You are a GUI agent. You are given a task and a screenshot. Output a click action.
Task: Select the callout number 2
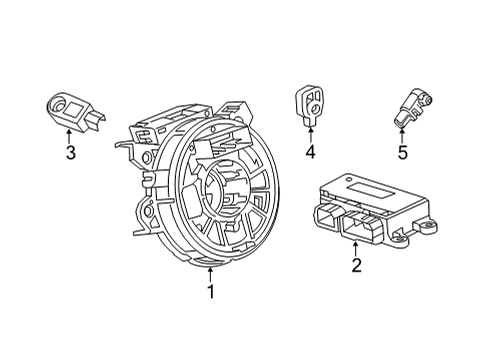coord(355,265)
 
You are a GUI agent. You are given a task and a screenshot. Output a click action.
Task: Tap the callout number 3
coord(70,152)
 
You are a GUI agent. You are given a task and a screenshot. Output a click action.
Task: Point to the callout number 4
coord(309,152)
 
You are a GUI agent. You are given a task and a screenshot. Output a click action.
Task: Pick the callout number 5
coord(402,153)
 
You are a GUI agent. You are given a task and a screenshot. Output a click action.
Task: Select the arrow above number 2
coord(355,246)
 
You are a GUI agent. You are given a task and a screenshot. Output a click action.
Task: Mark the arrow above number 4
coord(309,133)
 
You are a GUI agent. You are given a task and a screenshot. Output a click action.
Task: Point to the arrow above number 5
coord(402,134)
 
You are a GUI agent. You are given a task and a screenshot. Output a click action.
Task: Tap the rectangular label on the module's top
coord(370,189)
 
